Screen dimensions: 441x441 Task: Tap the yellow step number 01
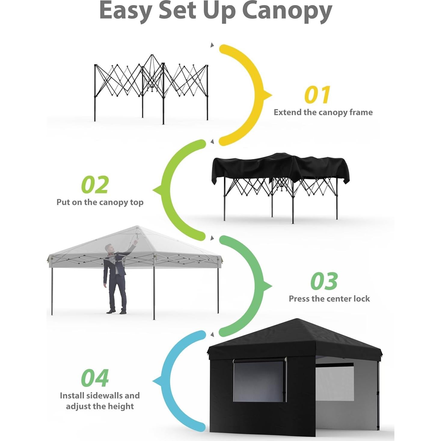317,95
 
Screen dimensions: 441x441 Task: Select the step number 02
95,185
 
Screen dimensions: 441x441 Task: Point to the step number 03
324,281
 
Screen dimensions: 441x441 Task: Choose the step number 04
95,378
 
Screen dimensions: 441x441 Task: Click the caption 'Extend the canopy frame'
323,112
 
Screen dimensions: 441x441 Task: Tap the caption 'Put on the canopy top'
100,202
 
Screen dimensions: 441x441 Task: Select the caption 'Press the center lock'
329,299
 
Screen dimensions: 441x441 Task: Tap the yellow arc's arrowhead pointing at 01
267,95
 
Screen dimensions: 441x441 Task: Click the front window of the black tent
259,381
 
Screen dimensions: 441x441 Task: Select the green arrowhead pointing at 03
267,286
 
